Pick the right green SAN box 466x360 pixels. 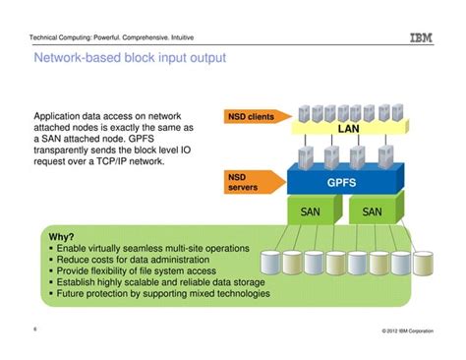point(373,210)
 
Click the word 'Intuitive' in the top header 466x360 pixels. point(183,37)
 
